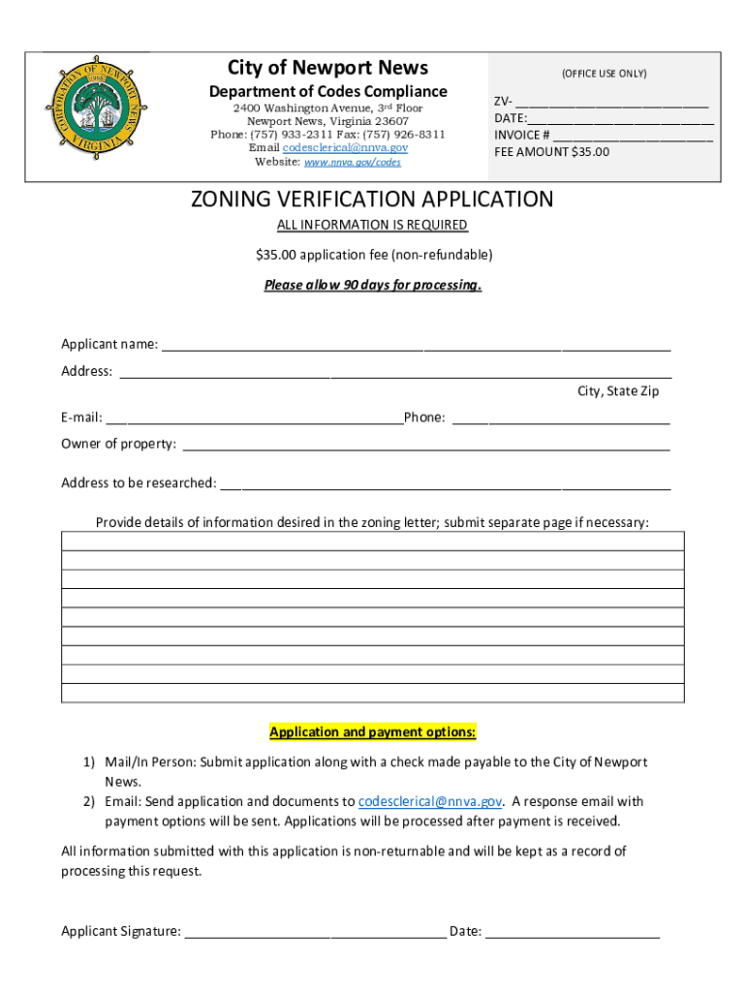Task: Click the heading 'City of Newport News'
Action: click(327, 67)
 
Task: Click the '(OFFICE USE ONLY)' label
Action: click(604, 74)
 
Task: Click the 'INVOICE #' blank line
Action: click(633, 137)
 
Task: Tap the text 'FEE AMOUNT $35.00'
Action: click(551, 152)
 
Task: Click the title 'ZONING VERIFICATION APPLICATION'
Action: click(372, 200)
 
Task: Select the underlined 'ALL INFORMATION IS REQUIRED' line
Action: click(372, 225)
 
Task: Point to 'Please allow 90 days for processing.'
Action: click(373, 285)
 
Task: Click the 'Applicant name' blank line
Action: click(416, 346)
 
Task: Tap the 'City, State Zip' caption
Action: click(618, 390)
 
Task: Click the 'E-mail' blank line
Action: click(254, 419)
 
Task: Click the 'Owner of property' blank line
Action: click(425, 446)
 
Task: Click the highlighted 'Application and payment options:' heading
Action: click(373, 731)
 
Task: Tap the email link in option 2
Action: click(430, 801)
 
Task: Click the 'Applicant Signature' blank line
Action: click(315, 933)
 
